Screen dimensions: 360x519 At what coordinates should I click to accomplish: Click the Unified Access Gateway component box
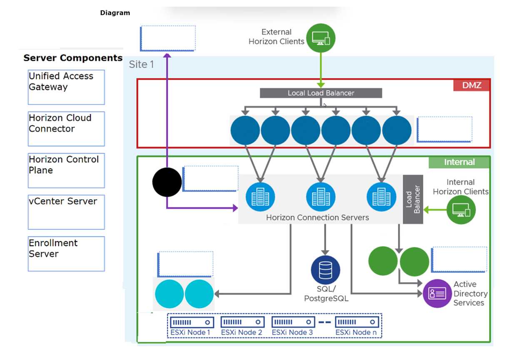tap(66, 87)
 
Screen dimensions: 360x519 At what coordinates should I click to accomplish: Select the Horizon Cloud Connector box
tap(66, 129)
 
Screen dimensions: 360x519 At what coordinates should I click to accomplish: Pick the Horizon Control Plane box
tap(66, 170)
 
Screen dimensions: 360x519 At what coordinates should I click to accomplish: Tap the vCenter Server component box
tap(66, 212)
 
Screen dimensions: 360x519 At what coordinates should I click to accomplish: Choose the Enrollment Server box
tap(66, 254)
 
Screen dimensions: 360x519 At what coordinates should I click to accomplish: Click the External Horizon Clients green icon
tap(321, 38)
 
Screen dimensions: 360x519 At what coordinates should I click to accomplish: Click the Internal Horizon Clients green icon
tap(461, 210)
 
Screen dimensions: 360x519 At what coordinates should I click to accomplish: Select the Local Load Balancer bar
tap(321, 93)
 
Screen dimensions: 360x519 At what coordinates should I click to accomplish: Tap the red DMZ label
tap(472, 85)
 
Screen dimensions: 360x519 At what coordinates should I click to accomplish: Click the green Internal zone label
tap(459, 162)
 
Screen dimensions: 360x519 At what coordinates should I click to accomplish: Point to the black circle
tap(167, 182)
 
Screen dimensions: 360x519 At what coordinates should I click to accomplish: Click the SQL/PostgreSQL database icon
tap(325, 270)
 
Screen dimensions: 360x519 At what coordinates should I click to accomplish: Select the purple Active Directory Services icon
tap(437, 293)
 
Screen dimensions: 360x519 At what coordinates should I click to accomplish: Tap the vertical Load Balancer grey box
tap(413, 199)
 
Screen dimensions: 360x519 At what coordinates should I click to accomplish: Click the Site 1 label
tap(141, 65)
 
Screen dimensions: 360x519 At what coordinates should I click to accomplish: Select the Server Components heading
tap(73, 58)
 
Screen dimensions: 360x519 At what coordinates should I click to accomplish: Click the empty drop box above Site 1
tap(168, 38)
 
